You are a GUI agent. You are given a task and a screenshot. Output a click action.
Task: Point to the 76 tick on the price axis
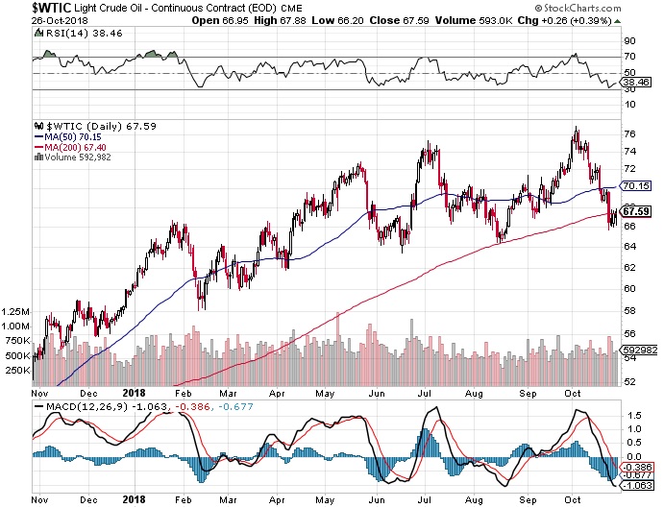pyautogui.click(x=628, y=133)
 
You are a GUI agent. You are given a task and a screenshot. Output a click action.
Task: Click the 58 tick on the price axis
pyautogui.click(x=628, y=311)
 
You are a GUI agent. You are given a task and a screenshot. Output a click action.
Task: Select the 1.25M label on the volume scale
pyautogui.click(x=16, y=312)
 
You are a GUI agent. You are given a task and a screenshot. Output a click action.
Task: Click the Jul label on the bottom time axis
pyautogui.click(x=425, y=392)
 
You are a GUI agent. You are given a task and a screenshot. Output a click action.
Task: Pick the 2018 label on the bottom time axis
pyautogui.click(x=134, y=392)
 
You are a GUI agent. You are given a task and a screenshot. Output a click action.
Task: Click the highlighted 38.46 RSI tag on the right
pyautogui.click(x=633, y=84)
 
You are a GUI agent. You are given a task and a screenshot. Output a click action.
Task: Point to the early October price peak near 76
pyautogui.click(x=575, y=128)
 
